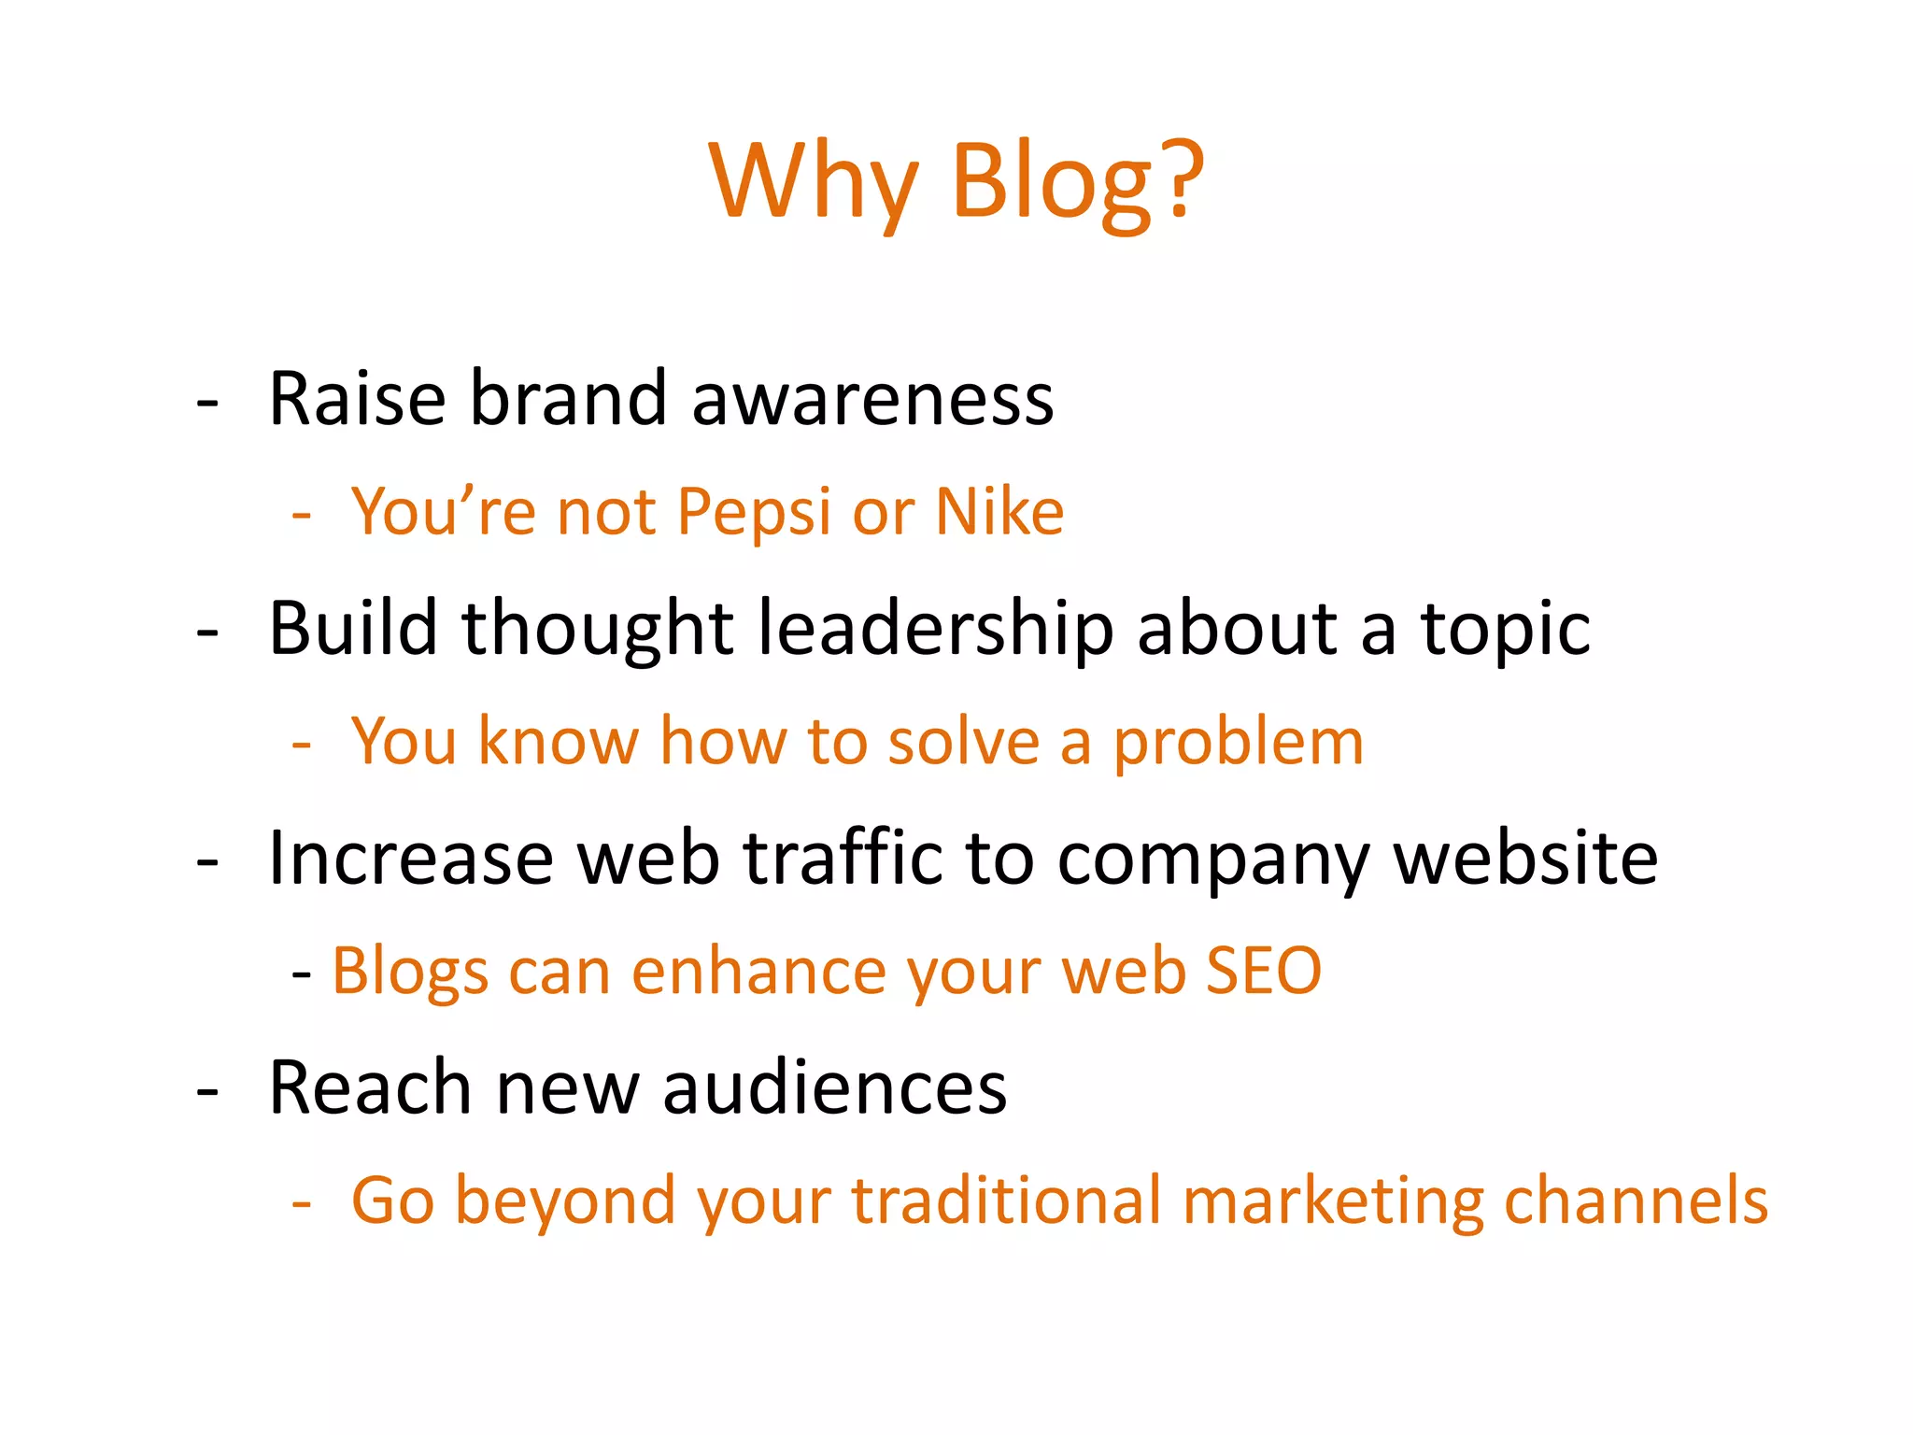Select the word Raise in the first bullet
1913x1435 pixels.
click(x=357, y=399)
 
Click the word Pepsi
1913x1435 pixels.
click(x=753, y=513)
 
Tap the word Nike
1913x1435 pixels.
click(x=999, y=512)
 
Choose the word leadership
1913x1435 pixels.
click(x=935, y=628)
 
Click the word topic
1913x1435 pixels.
click(x=1505, y=630)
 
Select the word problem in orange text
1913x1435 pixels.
click(x=1239, y=743)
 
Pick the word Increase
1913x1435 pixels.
click(x=411, y=858)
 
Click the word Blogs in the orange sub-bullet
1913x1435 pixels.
click(x=410, y=973)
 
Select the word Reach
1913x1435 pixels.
click(x=370, y=1087)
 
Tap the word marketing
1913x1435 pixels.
click(x=1333, y=1202)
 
